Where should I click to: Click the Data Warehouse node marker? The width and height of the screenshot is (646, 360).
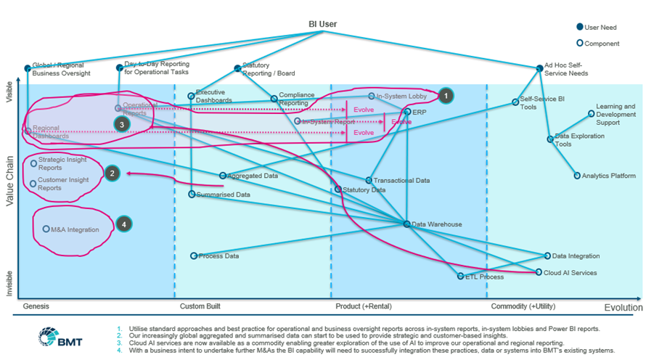(406, 224)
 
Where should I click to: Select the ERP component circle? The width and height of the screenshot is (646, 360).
(407, 112)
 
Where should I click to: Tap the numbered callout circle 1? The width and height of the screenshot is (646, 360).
(445, 94)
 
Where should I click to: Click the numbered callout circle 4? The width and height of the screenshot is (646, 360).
(124, 224)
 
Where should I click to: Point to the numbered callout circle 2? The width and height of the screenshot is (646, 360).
(111, 173)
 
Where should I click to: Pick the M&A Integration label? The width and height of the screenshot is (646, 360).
(75, 230)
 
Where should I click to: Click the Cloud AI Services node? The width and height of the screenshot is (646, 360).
(538, 273)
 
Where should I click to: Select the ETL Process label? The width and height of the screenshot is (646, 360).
(484, 277)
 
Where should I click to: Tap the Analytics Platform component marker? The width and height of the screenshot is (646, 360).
(576, 176)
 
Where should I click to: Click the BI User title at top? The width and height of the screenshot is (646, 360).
(323, 24)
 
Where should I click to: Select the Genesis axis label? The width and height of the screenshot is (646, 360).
(36, 306)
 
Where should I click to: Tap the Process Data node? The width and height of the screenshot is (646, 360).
(193, 256)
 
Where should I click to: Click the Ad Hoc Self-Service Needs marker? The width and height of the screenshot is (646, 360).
(539, 68)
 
